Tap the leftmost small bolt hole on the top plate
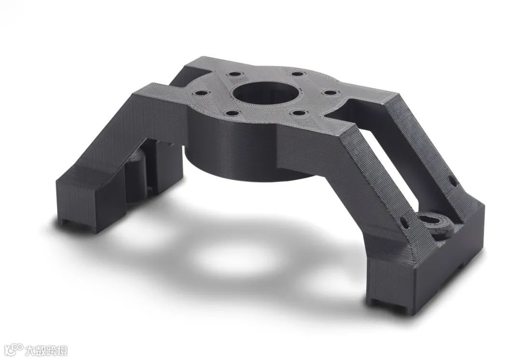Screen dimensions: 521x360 pos(202,94)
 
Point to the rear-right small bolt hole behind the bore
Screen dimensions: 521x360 pos(297,74)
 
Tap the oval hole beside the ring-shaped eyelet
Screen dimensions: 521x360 pos(405,223)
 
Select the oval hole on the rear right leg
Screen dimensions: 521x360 pos(452,181)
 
